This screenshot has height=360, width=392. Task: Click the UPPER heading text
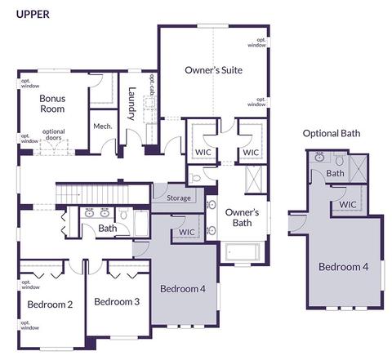click(x=33, y=15)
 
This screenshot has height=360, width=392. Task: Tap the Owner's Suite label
click(x=213, y=70)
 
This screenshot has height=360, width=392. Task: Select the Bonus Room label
click(x=52, y=104)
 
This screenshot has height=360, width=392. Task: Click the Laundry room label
click(x=131, y=104)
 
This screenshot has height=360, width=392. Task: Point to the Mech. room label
click(x=103, y=127)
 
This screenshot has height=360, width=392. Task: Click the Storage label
click(x=179, y=198)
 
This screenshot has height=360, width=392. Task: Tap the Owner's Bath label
click(x=242, y=217)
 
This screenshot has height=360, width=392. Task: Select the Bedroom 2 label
click(x=50, y=304)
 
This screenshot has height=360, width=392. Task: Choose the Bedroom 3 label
click(x=117, y=301)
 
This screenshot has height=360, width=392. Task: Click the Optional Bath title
click(x=332, y=133)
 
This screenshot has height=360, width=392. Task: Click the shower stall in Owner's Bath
click(x=253, y=180)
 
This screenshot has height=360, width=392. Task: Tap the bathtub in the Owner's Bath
click(x=243, y=251)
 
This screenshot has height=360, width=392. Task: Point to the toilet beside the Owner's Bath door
click(x=195, y=178)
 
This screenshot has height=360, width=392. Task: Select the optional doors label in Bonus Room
click(x=54, y=135)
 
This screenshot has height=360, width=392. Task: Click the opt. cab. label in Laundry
click(x=153, y=85)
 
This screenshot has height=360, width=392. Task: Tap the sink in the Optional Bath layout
click(x=319, y=157)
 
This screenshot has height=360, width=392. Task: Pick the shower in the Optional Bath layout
click(x=359, y=168)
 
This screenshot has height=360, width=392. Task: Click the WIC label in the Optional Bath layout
click(x=348, y=204)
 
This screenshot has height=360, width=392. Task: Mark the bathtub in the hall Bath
click(x=141, y=224)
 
